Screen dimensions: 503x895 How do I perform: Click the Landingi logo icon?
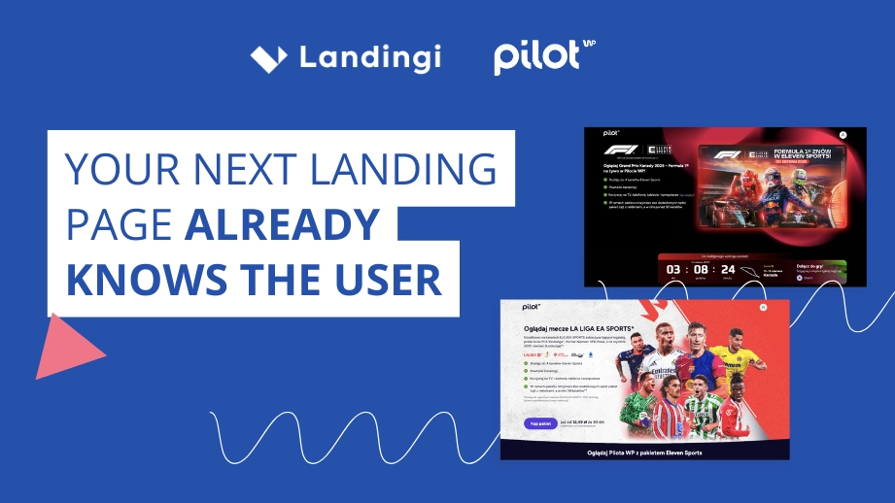[x=268, y=58]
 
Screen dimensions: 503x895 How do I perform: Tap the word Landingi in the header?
[x=369, y=57]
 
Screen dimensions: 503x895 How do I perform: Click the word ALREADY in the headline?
[x=282, y=225]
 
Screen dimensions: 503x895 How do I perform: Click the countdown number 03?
[x=673, y=268]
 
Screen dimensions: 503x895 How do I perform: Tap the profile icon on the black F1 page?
[x=843, y=135]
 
